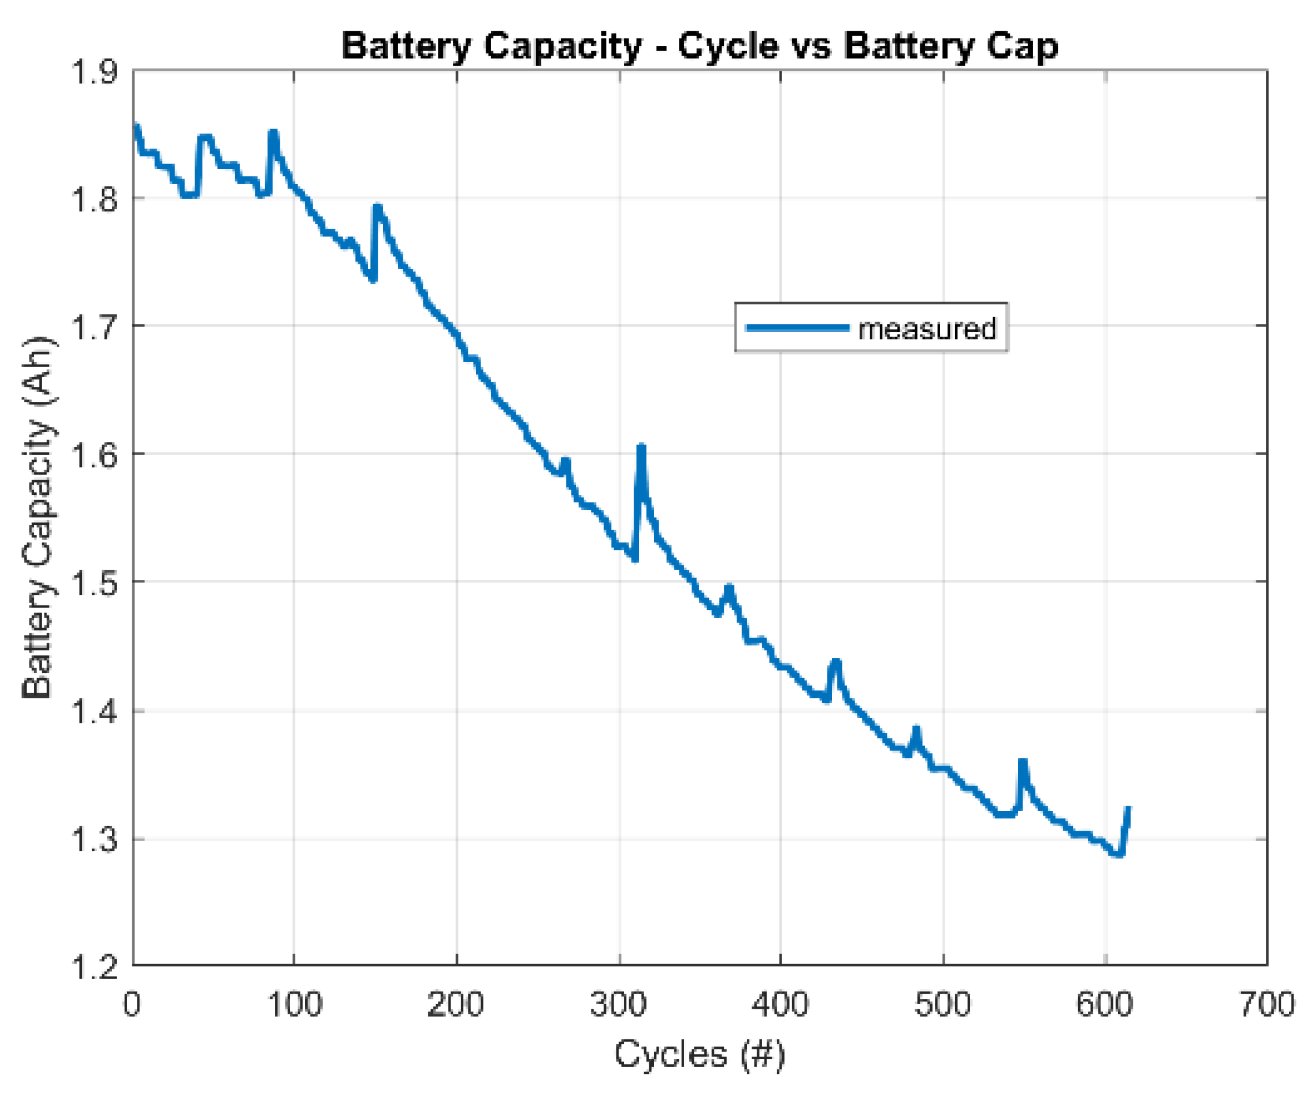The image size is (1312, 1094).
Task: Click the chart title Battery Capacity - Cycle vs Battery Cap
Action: point(699,46)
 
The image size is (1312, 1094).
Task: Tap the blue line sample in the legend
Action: point(798,327)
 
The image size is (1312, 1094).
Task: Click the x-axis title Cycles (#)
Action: point(699,1053)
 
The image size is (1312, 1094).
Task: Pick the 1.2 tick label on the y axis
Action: point(95,967)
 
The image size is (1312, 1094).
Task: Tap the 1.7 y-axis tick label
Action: point(95,327)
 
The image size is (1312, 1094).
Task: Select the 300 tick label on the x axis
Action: point(619,1005)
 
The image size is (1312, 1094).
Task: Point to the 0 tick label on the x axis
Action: point(132,1005)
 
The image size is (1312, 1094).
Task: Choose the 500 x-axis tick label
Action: point(943,1005)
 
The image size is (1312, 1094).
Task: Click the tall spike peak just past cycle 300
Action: point(641,447)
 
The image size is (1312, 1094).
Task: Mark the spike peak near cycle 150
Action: point(377,207)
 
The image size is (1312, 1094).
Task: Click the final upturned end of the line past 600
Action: point(1128,810)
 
